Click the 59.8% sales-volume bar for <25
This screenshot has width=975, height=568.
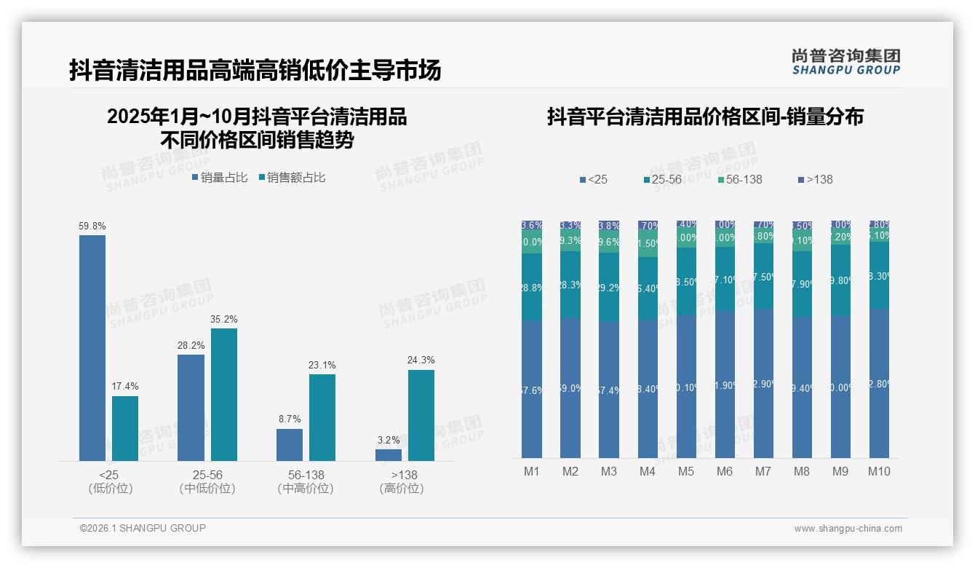(92, 347)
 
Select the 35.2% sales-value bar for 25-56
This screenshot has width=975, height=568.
(223, 394)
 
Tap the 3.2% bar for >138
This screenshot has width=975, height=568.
(388, 455)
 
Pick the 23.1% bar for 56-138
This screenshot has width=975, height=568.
(322, 417)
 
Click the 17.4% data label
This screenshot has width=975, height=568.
(124, 386)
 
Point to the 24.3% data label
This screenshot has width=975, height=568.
(421, 360)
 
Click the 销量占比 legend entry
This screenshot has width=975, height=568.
(220, 178)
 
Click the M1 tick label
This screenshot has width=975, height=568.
(532, 471)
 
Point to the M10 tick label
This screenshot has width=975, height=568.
(879, 471)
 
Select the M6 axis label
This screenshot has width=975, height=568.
(725, 471)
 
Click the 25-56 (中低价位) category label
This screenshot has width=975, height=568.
(207, 481)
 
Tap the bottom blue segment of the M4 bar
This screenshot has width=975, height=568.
(648, 389)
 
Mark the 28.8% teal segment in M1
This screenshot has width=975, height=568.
(532, 288)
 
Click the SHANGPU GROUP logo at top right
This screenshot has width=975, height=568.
(846, 62)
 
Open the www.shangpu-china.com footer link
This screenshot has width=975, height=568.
(848, 529)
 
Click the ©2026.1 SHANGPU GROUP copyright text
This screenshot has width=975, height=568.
(143, 528)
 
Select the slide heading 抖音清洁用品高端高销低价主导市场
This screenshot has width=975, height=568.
(255, 71)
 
